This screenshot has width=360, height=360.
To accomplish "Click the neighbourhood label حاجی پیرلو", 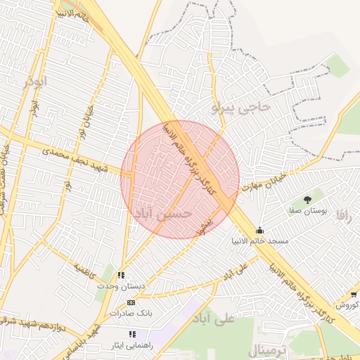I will pos(240,108).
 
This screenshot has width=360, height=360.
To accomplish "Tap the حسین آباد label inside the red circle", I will pos(162,213).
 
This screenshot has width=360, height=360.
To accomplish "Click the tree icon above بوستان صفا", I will pos(307,200).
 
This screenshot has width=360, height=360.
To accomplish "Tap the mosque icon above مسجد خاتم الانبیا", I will pos(260,230).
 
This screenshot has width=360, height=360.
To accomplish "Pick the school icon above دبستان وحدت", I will pos(121,276).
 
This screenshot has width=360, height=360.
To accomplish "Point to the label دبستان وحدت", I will pos(121,286).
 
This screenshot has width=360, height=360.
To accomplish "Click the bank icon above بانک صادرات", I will pos(131,302).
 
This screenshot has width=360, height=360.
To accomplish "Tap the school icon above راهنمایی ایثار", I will pos(131,333).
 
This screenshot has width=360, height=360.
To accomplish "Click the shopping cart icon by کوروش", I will pos(353,294).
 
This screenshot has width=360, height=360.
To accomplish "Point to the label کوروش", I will pos(347,304).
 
